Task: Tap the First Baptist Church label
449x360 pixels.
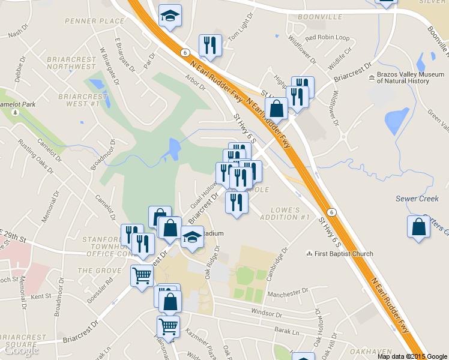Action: point(344,254)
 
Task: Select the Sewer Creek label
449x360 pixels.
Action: point(417,199)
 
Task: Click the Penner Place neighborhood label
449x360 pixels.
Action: point(95,21)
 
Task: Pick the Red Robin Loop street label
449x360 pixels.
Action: point(327,38)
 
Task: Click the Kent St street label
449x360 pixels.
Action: point(41,296)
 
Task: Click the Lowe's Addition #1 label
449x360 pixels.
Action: point(285,214)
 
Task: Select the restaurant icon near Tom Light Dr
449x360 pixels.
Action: point(210,45)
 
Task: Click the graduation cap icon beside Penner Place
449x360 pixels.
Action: point(170,16)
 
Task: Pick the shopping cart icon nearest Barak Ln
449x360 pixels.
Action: point(169,326)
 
